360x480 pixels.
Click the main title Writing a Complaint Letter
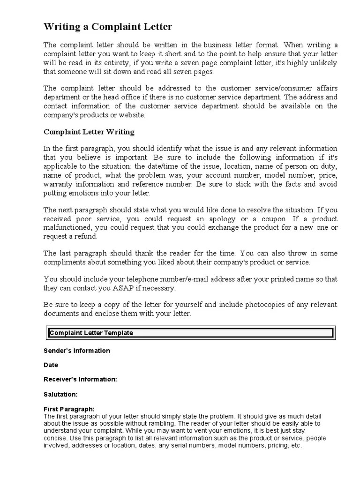pyautogui.click(x=108, y=27)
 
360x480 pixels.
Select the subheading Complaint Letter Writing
pyautogui.click(x=89, y=132)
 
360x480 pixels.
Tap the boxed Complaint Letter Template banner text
pyautogui.click(x=91, y=333)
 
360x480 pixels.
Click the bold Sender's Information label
pyautogui.click(x=77, y=351)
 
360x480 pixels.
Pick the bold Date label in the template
pyautogui.click(x=51, y=365)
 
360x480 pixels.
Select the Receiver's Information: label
pyautogui.click(x=80, y=379)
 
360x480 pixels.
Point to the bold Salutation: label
pyautogui.click(x=60, y=394)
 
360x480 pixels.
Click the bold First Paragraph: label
pyautogui.click(x=69, y=409)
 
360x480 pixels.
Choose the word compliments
pyautogui.click(x=66, y=262)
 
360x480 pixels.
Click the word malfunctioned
pyautogui.click(x=67, y=228)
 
